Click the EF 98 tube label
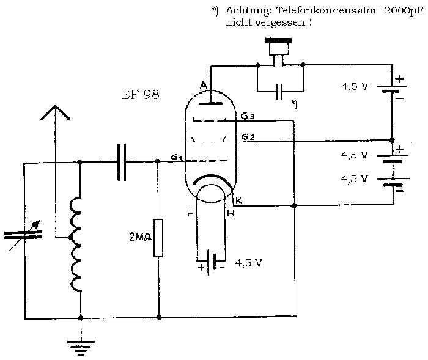click(140, 95)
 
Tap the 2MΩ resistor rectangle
click(158, 238)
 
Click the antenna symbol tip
click(55, 106)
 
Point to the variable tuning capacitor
click(23, 235)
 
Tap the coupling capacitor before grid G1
click(122, 163)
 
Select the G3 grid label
click(248, 117)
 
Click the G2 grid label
click(248, 137)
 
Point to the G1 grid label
click(177, 158)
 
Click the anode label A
click(204, 86)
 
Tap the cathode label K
click(238, 201)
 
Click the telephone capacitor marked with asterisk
click(279, 92)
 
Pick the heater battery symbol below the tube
click(211, 262)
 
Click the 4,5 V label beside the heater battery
click(248, 263)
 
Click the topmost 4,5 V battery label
click(355, 87)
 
